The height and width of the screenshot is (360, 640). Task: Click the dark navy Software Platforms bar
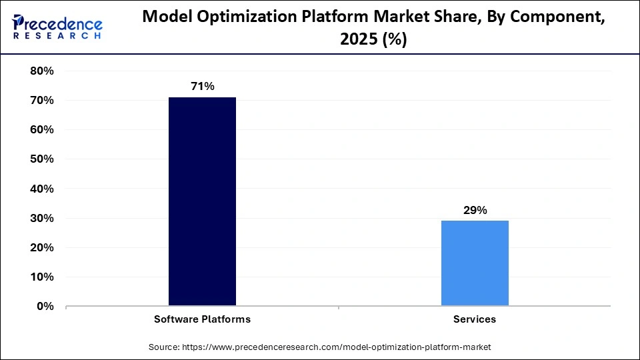pos(202,201)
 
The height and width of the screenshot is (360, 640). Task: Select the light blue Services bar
pos(475,263)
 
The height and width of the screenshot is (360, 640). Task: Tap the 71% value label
pos(202,86)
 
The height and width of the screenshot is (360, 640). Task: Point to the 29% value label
pos(475,210)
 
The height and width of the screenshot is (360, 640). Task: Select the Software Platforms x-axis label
pos(202,319)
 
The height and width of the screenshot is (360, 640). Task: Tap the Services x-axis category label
pos(475,319)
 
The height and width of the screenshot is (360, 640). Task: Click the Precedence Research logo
pos(57,27)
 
